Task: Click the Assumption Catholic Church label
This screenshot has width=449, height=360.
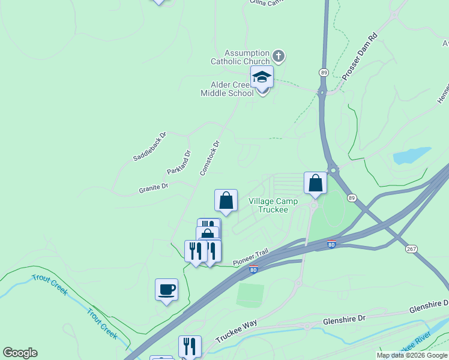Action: click(240, 57)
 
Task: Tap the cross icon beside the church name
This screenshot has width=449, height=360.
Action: click(278, 56)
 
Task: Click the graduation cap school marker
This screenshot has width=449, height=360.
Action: click(262, 77)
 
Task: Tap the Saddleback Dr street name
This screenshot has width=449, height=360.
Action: click(149, 146)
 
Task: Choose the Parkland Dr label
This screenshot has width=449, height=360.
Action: click(178, 162)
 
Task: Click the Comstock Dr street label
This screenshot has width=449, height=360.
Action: click(210, 158)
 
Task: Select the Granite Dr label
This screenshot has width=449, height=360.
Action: click(154, 188)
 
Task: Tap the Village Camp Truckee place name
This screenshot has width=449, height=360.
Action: click(273, 205)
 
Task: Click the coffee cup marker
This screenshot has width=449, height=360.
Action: click(166, 290)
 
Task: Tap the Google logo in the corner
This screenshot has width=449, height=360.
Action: click(20, 353)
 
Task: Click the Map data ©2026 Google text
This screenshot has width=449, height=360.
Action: click(412, 355)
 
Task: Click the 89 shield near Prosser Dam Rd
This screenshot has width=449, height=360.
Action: click(324, 72)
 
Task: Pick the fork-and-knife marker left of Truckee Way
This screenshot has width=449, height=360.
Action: click(189, 346)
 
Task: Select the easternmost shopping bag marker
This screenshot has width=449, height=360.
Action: click(315, 184)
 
